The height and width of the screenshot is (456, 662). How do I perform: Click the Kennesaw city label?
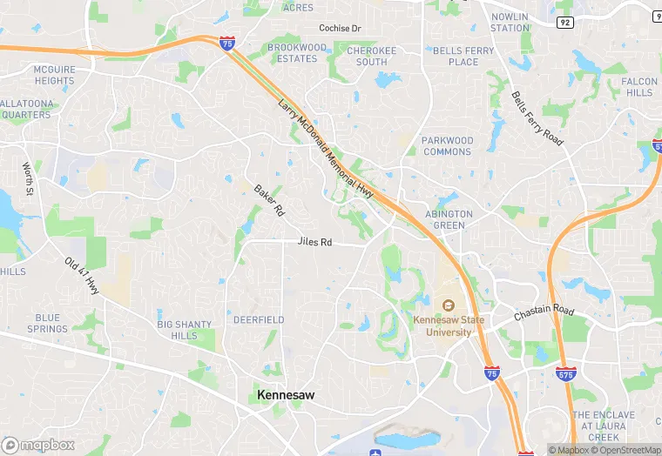point(286,395)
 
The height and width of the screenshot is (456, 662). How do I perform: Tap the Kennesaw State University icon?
point(449,305)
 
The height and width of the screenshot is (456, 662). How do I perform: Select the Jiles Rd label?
point(314,242)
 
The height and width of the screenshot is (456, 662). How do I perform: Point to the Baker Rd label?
point(269,200)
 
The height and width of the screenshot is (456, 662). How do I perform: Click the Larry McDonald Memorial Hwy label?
point(325,149)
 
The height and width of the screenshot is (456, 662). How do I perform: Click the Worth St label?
point(27,179)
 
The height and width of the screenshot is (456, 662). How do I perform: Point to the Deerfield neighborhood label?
point(259,320)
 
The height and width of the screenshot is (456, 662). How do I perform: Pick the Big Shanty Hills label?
point(184,330)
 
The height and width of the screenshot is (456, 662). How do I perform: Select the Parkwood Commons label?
point(448,146)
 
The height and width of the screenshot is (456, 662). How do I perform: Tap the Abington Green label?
point(449,219)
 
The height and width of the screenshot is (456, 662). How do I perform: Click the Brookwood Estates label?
point(297,53)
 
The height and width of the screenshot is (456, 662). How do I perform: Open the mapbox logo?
point(37,444)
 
